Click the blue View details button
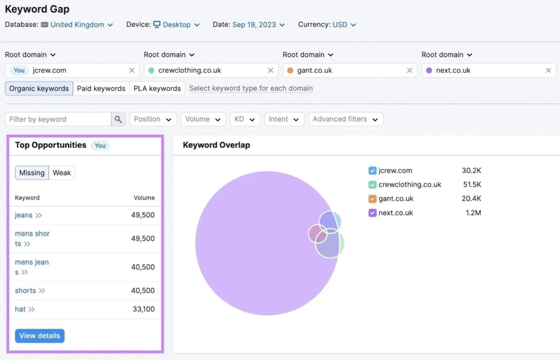click(39, 336)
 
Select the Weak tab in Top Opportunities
click(62, 173)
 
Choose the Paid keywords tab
click(101, 88)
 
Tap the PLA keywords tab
click(157, 88)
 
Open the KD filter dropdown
click(245, 119)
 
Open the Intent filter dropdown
click(284, 119)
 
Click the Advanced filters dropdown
click(346, 119)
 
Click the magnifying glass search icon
click(118, 119)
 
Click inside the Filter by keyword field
click(58, 119)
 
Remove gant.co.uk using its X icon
click(409, 71)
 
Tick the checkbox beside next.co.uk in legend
click(372, 213)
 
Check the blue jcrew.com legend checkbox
click(372, 171)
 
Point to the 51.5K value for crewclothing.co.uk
click(472, 185)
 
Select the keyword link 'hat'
click(20, 309)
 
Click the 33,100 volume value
click(144, 309)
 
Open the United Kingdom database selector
click(77, 25)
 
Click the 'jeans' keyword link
click(24, 215)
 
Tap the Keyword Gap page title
click(37, 9)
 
